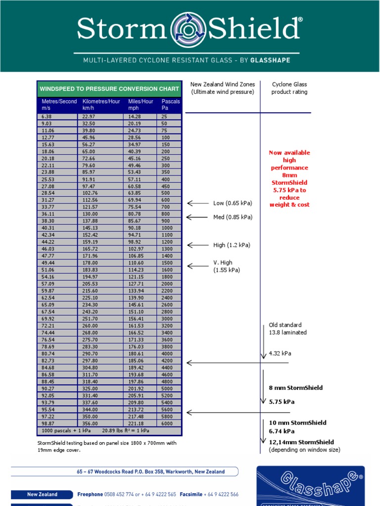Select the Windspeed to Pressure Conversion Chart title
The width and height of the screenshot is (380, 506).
click(x=109, y=89)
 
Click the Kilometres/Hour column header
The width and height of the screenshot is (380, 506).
click(x=101, y=104)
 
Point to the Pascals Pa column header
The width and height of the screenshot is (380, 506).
click(x=171, y=104)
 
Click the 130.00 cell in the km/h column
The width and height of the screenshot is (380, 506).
click(x=90, y=214)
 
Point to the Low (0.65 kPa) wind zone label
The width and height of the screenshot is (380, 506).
click(x=233, y=203)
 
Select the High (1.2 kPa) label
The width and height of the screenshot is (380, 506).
click(x=232, y=245)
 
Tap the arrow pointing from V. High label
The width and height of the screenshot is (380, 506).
click(x=198, y=266)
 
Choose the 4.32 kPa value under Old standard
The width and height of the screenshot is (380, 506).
click(x=281, y=353)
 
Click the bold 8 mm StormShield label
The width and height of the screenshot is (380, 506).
click(x=295, y=388)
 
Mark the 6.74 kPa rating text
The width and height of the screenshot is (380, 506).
click(x=282, y=431)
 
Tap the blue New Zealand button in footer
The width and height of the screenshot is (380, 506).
click(x=42, y=494)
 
